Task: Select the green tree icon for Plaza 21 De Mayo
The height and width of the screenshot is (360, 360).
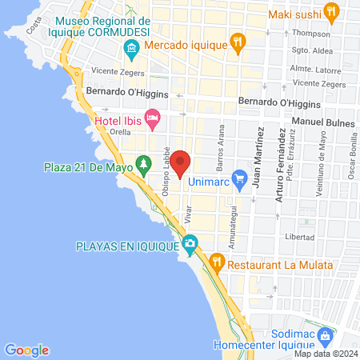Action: click(143, 166)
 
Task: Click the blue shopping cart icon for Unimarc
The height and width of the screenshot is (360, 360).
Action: click(238, 178)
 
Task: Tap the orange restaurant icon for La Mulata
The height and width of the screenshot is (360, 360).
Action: click(216, 262)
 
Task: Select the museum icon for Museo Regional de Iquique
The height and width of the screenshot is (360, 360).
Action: click(131, 51)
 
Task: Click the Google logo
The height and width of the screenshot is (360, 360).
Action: click(27, 350)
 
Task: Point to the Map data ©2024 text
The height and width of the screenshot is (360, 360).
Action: click(325, 354)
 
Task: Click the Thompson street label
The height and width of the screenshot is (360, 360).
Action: click(311, 34)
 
